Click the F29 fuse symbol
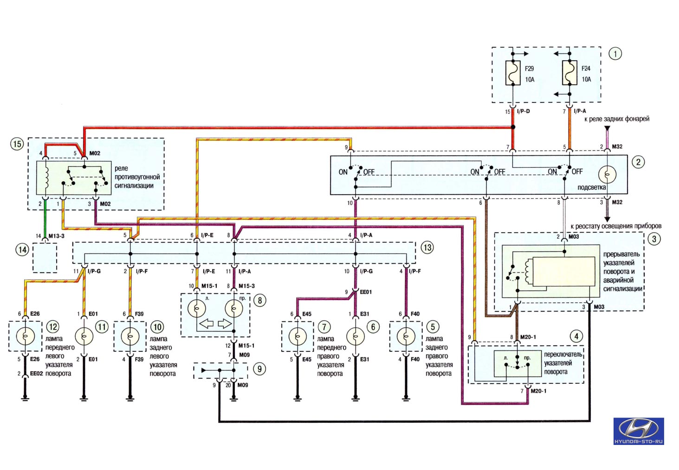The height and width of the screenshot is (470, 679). (513, 73)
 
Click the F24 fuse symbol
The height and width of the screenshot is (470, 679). (569, 73)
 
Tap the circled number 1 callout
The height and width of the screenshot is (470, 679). (615, 54)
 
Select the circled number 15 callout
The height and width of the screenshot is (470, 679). (17, 143)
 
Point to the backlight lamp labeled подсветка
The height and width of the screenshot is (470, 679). (607, 174)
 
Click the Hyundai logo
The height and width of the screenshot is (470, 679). (639, 431)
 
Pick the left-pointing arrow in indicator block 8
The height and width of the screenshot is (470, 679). (207, 324)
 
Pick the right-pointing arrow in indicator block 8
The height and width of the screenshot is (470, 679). (225, 324)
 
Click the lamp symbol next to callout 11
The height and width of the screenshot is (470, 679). (84, 336)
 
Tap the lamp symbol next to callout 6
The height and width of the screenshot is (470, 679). (356, 336)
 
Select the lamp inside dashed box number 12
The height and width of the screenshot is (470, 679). (25, 336)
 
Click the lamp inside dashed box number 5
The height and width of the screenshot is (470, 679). (406, 336)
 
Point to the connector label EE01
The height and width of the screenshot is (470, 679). (366, 292)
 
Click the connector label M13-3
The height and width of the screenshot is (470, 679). (56, 236)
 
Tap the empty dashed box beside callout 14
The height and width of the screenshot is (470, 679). (45, 258)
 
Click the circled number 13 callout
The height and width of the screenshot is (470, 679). (427, 248)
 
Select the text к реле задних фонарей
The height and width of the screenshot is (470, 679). (617, 119)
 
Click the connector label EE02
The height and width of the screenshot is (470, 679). (36, 374)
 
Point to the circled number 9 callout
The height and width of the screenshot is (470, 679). (259, 369)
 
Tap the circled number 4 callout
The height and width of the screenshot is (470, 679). (576, 336)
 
